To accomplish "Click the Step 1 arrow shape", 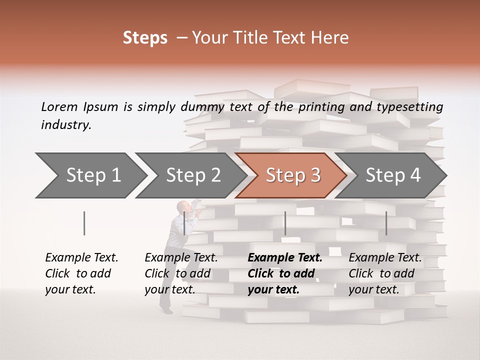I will pos(90,175).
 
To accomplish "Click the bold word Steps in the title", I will pos(145,38).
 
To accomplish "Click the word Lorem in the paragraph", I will pos(59,106).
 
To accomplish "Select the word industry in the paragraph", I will pos(65,125).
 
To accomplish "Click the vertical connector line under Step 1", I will pos(84,223).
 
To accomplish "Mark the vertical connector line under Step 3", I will pos(285,223).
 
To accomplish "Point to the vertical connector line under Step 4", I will pos(386,223).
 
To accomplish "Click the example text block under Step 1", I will pos(81,273).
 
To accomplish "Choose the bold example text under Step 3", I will pos(284,273).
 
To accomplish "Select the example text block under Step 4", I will pos(385,273).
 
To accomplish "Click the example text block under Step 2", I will pos(181,273).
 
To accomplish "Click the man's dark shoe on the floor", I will pos(166,311).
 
